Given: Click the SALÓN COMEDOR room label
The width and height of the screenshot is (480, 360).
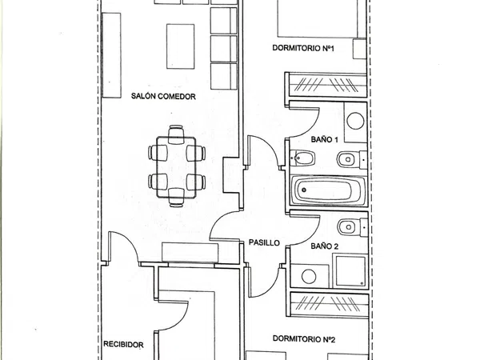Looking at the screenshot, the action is pyautogui.click(x=163, y=96).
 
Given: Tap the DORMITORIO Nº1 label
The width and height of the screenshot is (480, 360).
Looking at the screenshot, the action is pyautogui.click(x=303, y=48).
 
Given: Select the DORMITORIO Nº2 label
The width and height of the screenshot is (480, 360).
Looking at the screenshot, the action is pyautogui.click(x=304, y=339).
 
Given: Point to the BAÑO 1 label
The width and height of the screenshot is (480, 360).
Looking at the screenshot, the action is pyautogui.click(x=325, y=139).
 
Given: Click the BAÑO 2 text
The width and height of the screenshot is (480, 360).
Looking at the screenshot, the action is pyautogui.click(x=325, y=246).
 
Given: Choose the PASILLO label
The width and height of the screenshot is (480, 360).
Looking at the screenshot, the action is pyautogui.click(x=264, y=242).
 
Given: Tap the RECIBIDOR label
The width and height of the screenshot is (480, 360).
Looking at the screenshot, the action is pyautogui.click(x=123, y=344).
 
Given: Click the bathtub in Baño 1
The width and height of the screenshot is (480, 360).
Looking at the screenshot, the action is pyautogui.click(x=328, y=190).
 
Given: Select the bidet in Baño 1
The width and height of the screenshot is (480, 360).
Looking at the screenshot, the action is pyautogui.click(x=302, y=158).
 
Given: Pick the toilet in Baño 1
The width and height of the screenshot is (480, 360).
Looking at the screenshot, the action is pyautogui.click(x=352, y=159).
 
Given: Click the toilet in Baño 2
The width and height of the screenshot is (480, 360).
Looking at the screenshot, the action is pyautogui.click(x=352, y=227).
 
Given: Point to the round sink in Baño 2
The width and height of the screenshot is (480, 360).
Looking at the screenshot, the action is pyautogui.click(x=309, y=276).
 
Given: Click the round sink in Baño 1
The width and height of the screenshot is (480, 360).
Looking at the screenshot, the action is pyautogui.click(x=355, y=121).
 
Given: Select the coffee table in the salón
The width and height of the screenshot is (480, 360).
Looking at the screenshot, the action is pyautogui.click(x=180, y=46).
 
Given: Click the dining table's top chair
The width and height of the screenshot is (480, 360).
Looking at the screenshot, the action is pyautogui.click(x=176, y=134).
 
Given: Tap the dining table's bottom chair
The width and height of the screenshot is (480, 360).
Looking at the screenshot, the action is pyautogui.click(x=176, y=198).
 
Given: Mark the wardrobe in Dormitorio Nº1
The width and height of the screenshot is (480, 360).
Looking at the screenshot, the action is pyautogui.click(x=327, y=85).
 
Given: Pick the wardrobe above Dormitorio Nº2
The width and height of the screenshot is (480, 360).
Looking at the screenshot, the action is pyautogui.click(x=330, y=306).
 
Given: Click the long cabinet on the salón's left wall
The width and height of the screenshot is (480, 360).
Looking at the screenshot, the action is pyautogui.click(x=111, y=55).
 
